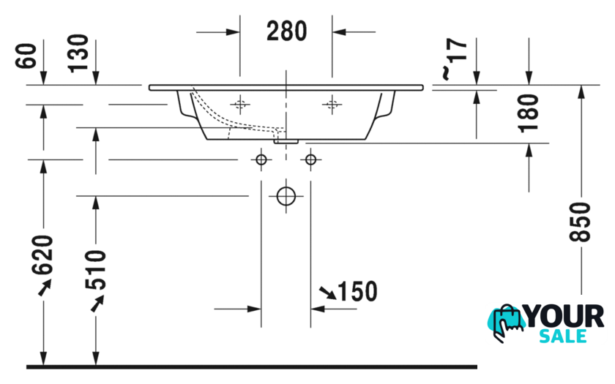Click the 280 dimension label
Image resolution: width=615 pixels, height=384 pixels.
(287, 31)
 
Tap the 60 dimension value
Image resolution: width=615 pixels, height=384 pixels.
(26, 56)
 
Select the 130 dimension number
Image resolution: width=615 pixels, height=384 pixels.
(78, 53)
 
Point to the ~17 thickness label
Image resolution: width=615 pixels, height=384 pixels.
(455, 59)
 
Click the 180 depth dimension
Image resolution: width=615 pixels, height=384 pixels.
(529, 113)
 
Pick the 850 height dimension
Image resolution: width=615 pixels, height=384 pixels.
(580, 222)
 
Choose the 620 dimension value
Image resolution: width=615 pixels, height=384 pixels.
(42, 255)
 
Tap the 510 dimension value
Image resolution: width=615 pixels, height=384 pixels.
(96, 270)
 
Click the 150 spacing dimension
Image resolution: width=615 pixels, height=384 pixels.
(357, 292)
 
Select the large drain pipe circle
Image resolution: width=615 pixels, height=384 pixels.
(286, 196)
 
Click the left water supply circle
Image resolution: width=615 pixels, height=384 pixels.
(261, 160)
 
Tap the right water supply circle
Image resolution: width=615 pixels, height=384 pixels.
(310, 160)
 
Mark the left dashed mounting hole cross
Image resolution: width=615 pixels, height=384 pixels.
(240, 105)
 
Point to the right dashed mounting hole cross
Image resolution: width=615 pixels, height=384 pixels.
(332, 105)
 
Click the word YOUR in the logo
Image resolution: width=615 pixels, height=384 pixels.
(564, 317)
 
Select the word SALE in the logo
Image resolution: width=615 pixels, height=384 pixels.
(563, 336)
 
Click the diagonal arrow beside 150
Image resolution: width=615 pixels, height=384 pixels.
(328, 293)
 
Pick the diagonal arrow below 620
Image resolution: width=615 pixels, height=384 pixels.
(45, 287)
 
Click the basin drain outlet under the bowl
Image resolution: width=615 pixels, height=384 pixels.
(286, 141)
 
